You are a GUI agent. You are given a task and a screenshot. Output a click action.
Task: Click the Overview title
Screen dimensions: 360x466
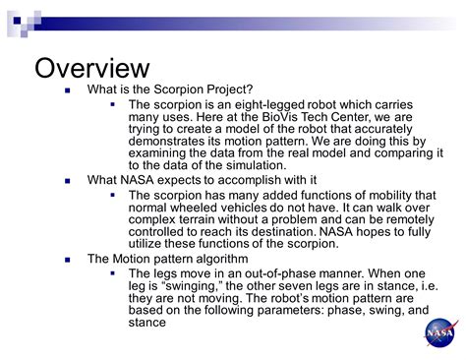(x=92, y=69)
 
